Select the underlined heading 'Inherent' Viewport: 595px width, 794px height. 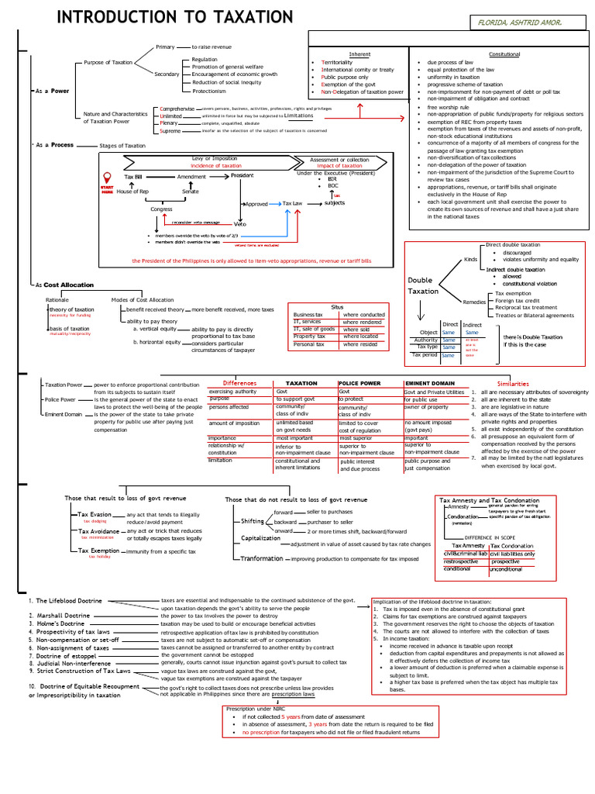click(360, 54)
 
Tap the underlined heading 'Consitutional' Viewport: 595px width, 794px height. click(504, 54)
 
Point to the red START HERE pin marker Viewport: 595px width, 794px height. click(106, 186)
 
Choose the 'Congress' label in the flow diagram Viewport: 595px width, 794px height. click(161, 209)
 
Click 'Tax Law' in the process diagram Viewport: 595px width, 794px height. click(292, 203)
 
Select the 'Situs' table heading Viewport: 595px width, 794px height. click(336, 307)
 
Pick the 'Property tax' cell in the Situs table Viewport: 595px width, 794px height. click(309, 337)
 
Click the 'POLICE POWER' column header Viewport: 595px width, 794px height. click(359, 384)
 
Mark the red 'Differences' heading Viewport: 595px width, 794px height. click(239, 384)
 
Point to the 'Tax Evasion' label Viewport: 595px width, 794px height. click(95, 514)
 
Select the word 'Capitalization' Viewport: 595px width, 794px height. click(260, 537)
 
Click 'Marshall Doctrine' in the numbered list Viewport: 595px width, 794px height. click(64, 615)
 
